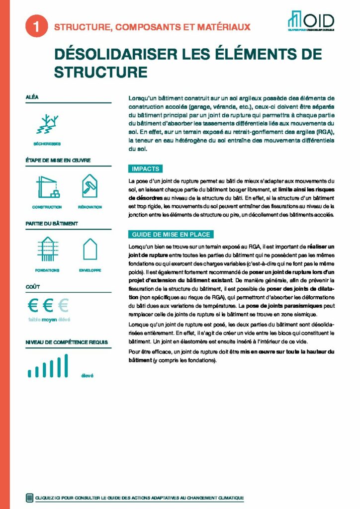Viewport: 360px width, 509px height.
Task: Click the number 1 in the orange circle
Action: point(35,27)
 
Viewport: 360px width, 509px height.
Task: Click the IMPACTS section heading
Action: point(145,169)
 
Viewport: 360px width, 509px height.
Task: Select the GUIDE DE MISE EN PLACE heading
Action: point(171,234)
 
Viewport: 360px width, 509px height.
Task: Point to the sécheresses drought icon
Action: point(47,124)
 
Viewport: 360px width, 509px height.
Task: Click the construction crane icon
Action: point(47,187)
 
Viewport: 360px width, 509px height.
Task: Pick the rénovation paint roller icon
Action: point(90,186)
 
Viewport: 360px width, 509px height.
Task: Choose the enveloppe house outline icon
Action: point(90,249)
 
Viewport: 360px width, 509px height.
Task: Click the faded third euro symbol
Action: point(63,304)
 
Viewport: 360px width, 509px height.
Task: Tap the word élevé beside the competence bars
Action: point(87,375)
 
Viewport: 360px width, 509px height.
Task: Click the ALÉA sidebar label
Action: point(32,98)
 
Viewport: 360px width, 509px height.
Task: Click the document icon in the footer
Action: point(29,498)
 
